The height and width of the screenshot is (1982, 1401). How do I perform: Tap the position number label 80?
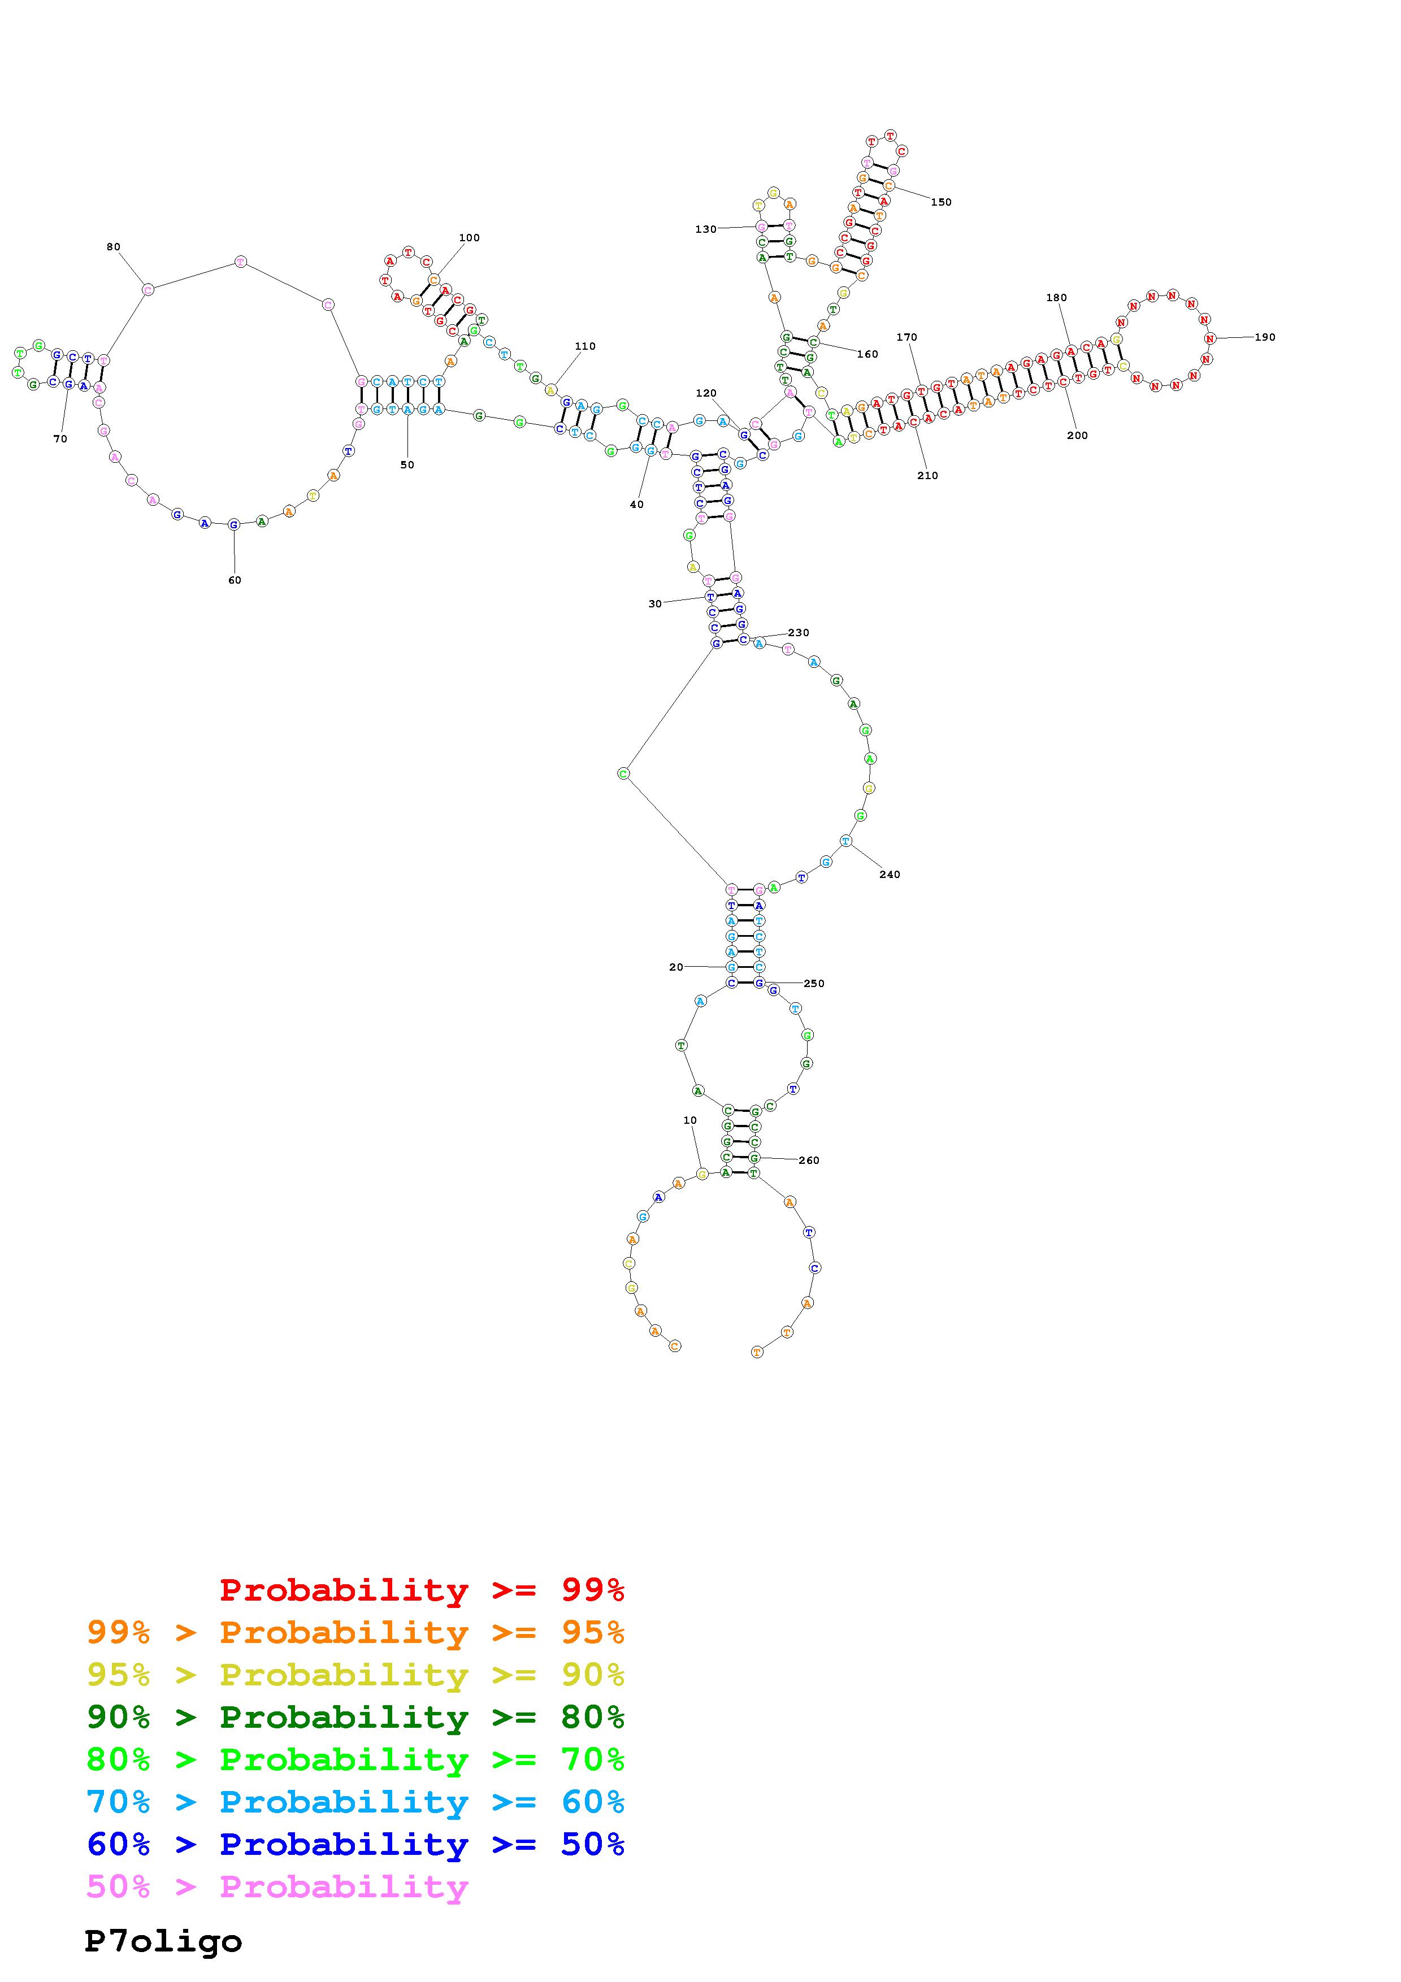pos(113,247)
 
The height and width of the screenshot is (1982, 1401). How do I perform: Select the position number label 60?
pos(235,580)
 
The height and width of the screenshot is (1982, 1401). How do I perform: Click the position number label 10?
pos(689,1120)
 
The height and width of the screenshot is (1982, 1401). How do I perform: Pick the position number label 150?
pos(941,202)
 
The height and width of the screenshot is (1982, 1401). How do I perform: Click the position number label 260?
pos(809,1160)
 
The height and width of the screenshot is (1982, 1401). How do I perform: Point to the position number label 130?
pos(705,229)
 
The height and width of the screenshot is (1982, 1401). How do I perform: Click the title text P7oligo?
pos(163,1941)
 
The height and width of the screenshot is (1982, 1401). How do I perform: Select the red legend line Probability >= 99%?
pos(422,1589)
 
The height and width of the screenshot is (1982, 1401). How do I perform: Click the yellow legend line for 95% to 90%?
pos(355,1675)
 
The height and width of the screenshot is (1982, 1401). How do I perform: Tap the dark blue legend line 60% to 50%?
pos(355,1844)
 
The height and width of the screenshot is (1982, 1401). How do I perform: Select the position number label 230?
pos(799,633)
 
